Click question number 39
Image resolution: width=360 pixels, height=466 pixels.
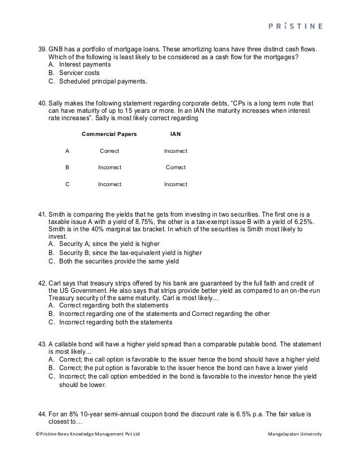(41, 49)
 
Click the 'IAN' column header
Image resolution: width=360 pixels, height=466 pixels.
(175, 135)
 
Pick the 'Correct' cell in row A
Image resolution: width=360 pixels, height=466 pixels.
(109, 151)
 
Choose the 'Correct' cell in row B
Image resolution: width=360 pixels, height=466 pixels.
(175, 168)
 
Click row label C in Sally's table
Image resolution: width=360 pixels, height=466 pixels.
(68, 184)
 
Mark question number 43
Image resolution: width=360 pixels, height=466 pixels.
(41, 344)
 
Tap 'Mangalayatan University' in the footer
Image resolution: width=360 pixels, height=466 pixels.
(296, 434)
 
